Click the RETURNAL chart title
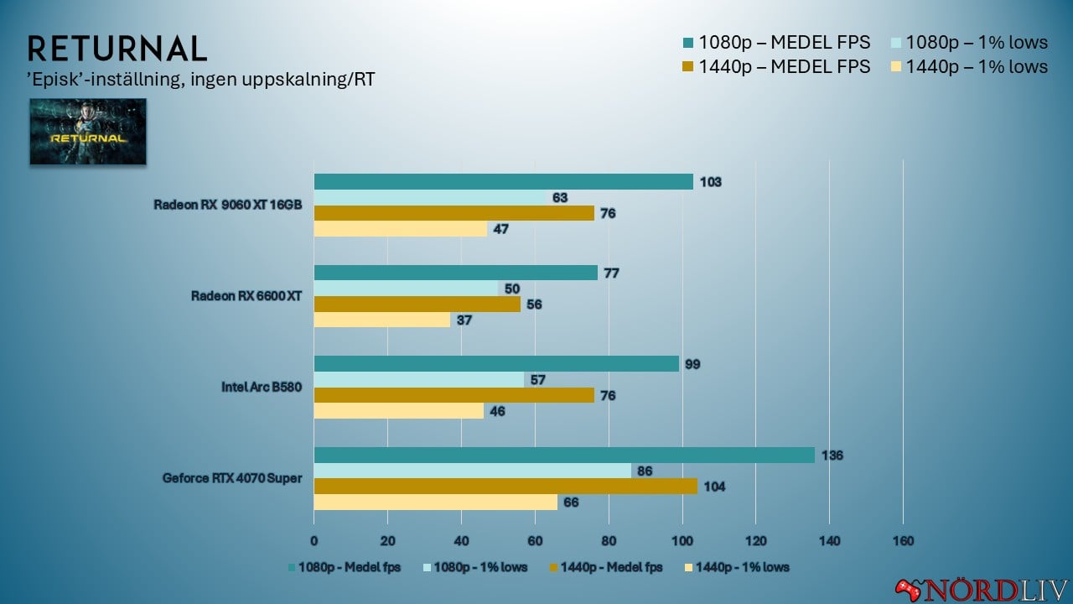coord(117,49)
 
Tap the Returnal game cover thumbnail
coord(88,132)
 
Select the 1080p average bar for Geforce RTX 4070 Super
coord(564,455)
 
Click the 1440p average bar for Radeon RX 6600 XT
coord(417,304)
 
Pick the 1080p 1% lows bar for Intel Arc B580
coord(418,379)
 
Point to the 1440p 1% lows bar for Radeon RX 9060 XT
coord(400,228)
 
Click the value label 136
coord(832,456)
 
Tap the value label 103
coord(711,182)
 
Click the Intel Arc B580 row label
coord(262,387)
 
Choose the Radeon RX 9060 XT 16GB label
coord(227,205)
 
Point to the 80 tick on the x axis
coord(608,540)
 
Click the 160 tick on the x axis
coord(902,540)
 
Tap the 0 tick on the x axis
coord(314,540)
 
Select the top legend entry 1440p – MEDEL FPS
coord(784,66)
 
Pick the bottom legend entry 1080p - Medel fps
coord(345,567)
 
